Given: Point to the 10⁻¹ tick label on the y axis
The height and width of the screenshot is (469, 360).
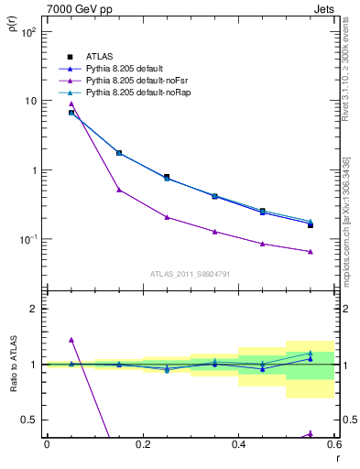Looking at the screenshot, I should pos(27,240).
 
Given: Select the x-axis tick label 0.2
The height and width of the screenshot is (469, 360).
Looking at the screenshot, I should pos(142,444).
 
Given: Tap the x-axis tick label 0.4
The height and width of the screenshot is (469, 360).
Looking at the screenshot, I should pos(238,444).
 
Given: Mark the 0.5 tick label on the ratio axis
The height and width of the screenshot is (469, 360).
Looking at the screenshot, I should pos(29,420).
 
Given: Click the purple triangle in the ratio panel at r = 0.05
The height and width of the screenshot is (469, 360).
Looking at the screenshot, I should pos(71,340).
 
